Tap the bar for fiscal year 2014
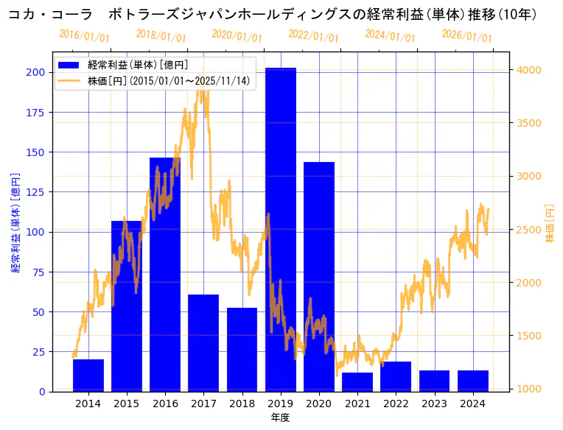point(88,375)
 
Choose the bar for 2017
point(203,342)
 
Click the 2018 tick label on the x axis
point(242,403)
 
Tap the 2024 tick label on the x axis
point(472,403)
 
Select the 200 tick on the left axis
point(34,72)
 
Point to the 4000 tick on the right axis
point(530,70)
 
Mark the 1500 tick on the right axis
point(530,336)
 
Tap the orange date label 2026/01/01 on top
point(466,35)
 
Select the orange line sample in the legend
point(70,80)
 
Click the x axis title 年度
point(280,417)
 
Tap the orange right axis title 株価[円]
point(549,224)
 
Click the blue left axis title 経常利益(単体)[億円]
point(15,223)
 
